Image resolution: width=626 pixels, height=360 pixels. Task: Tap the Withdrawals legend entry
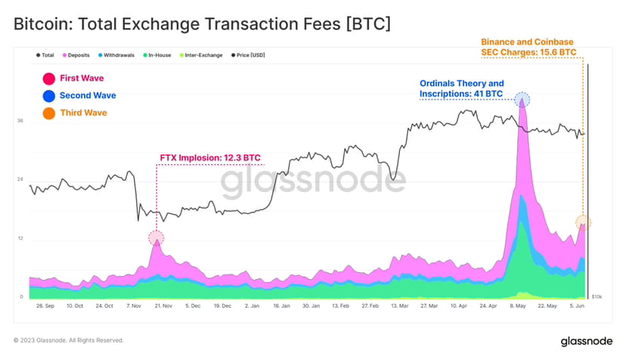119,55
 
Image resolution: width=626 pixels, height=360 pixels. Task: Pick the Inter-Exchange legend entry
200,55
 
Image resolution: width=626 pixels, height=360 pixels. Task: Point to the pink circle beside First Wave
49,79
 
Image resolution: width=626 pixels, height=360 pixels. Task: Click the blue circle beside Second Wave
49,96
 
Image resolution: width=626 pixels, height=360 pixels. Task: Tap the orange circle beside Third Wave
49,113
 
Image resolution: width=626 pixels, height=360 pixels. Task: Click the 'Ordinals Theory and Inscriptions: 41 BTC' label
461,88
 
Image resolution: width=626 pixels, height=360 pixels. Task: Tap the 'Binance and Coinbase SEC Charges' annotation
529,47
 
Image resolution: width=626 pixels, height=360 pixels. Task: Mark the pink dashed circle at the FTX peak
156,237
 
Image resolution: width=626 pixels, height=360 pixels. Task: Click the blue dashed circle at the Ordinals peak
522,99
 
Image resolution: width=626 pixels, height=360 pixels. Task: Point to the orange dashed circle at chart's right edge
582,222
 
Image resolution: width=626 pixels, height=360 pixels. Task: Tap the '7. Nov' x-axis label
134,306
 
